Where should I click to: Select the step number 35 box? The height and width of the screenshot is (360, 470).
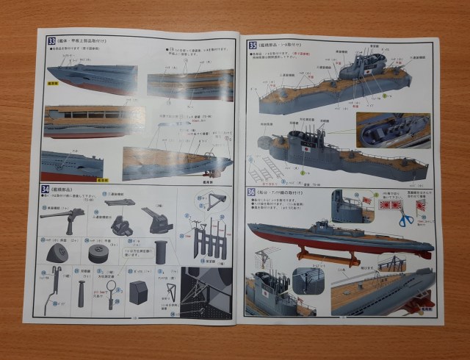click(253, 45)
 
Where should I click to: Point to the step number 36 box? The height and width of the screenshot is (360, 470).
click(252, 192)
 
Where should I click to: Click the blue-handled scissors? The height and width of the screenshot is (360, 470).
click(405, 217)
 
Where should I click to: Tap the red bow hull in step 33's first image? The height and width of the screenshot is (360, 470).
click(81, 84)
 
